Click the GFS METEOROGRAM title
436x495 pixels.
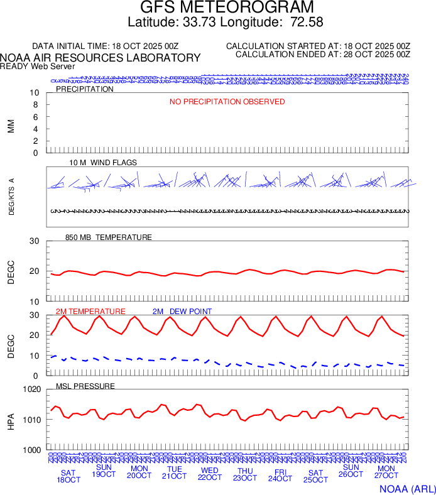(x=226, y=8)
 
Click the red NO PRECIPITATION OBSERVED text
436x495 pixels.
(x=227, y=102)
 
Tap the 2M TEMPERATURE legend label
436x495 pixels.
(x=90, y=312)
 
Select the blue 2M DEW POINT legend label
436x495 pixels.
(x=182, y=312)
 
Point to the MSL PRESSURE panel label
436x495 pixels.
(x=85, y=386)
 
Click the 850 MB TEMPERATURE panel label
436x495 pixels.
(x=109, y=237)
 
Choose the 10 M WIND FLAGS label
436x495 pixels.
(x=103, y=163)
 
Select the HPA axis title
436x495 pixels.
(x=11, y=420)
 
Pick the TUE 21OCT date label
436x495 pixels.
(x=175, y=472)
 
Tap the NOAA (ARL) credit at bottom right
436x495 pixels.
(x=406, y=487)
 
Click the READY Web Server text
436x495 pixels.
(x=37, y=66)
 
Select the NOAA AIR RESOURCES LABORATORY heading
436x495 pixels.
(x=101, y=58)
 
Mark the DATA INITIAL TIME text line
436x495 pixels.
(x=106, y=46)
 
